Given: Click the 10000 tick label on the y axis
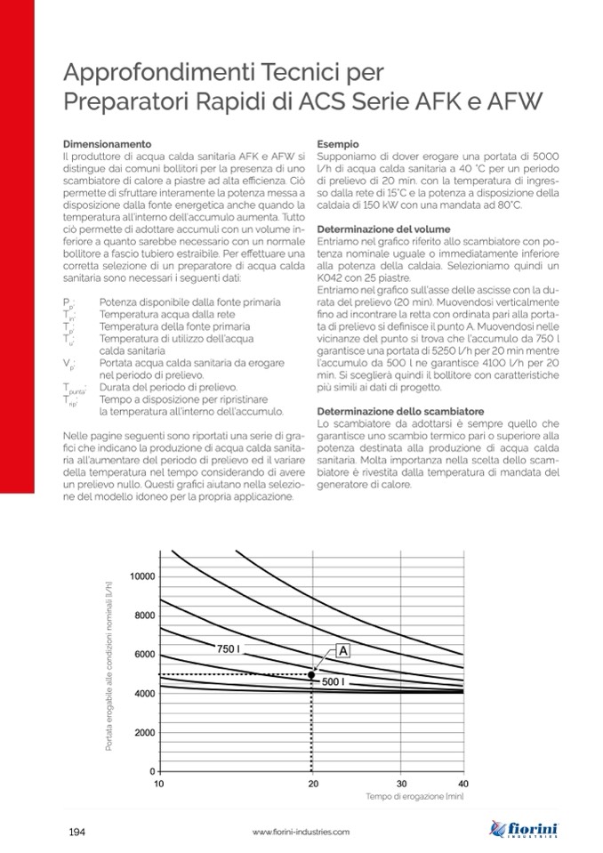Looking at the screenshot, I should point(141,576).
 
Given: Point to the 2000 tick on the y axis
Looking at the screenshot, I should point(144,733).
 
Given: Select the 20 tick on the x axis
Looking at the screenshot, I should point(312,784).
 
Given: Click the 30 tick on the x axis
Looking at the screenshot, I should point(400,784).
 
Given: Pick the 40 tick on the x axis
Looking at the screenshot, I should point(462,784).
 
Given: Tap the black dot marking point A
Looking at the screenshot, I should point(311,675).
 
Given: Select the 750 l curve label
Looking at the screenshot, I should point(229,649).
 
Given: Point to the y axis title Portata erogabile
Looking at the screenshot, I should point(109,662).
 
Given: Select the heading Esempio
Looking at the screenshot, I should point(338,143).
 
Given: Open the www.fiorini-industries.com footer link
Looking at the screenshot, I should point(301,832).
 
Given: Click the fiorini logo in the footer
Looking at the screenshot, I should point(525,830).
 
